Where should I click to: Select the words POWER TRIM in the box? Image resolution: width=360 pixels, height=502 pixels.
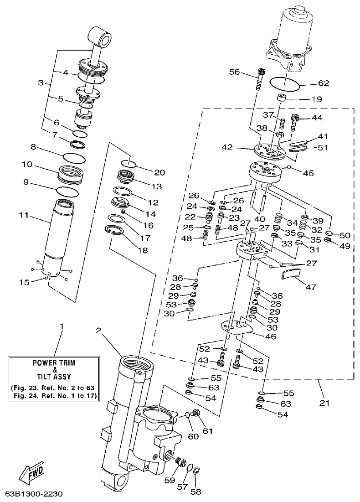click(x=54, y=363)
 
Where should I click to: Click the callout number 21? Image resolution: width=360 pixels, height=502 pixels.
click(x=325, y=403)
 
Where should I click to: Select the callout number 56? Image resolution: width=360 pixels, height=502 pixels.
click(x=234, y=72)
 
